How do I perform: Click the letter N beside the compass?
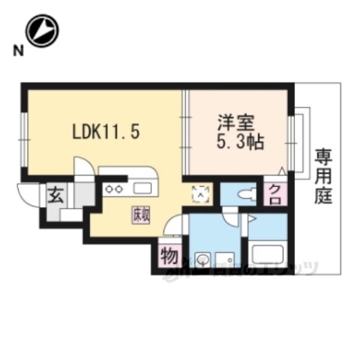[x=16, y=51]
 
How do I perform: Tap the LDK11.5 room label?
[x=105, y=131]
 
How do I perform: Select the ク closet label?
[x=274, y=193]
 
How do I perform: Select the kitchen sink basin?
[x=142, y=187]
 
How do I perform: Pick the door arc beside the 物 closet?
[x=175, y=224]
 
